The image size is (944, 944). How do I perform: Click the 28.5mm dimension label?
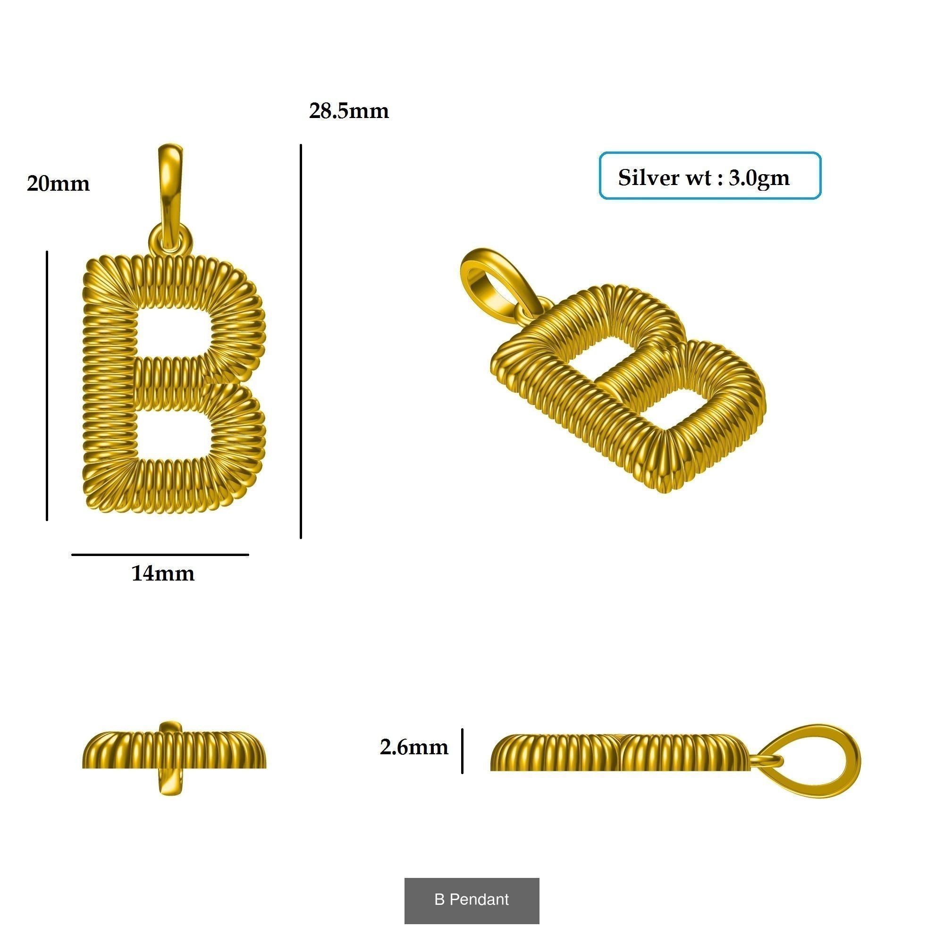349,111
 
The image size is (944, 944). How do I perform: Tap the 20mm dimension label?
58,184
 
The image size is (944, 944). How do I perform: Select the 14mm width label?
163,573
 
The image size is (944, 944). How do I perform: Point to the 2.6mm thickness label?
413,747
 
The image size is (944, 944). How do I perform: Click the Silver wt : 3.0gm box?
709,176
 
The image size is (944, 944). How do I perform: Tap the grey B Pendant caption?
472,900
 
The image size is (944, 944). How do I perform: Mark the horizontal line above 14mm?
160,555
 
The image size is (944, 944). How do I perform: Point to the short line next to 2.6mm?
462,751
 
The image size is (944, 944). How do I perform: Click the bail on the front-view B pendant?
170,185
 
